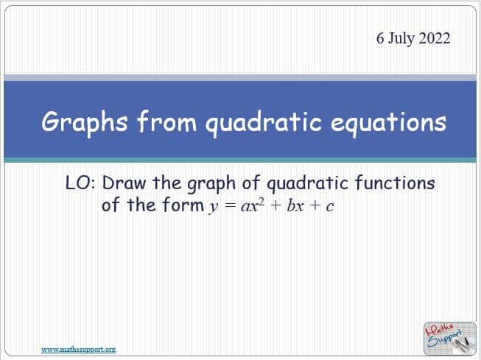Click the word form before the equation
coord(179,205)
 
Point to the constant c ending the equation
coord(330,207)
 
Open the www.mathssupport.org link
coord(78,349)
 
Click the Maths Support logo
coord(445,338)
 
